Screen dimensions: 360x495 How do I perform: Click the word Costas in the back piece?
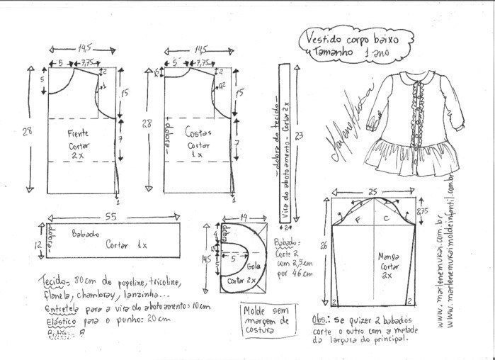[x=199, y=132]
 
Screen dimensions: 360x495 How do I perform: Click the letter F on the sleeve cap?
[x=359, y=220]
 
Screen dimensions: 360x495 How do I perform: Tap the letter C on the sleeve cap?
[x=385, y=220]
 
